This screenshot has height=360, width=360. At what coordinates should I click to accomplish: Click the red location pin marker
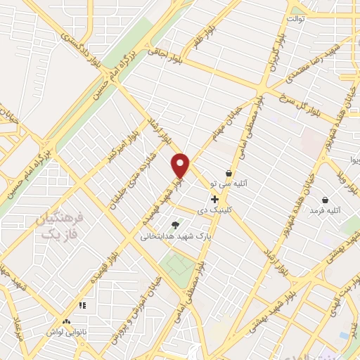pyautogui.click(x=181, y=165)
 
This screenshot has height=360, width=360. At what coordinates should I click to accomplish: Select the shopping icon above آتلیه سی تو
pyautogui.click(x=229, y=173)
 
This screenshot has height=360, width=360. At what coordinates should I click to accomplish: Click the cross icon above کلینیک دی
pyautogui.click(x=214, y=199)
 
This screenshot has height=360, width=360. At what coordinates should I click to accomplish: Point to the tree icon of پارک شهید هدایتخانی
pyautogui.click(x=175, y=225)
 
